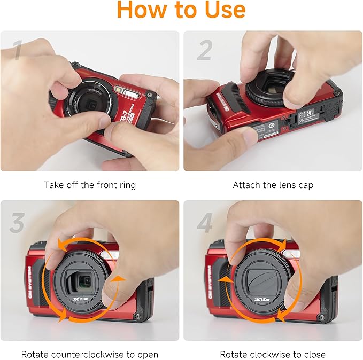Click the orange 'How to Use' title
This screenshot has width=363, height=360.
pyautogui.click(x=181, y=10)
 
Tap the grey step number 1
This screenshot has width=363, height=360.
pyautogui.click(x=17, y=51)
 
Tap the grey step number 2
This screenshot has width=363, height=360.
pyautogui.click(x=204, y=51)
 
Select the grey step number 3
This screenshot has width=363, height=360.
pyautogui.click(x=17, y=223)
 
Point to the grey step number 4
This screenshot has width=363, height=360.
pyautogui.click(x=204, y=223)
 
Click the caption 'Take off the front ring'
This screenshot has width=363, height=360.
pyautogui.click(x=90, y=185)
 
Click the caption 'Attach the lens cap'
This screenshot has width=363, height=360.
pyautogui.click(x=273, y=185)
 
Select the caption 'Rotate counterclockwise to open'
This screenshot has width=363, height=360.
pyautogui.click(x=90, y=354)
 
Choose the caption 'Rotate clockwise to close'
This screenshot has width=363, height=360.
pyautogui.click(x=273, y=354)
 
